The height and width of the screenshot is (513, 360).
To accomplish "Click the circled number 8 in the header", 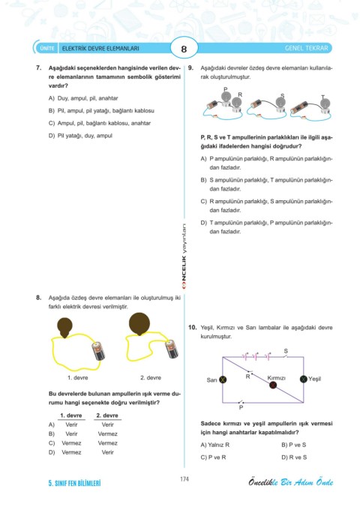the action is (x=184, y=49).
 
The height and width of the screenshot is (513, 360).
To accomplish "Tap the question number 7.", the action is (x=38, y=68).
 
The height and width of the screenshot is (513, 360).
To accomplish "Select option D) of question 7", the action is (x=80, y=136).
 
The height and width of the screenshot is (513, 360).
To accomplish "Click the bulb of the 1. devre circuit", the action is (x=64, y=327).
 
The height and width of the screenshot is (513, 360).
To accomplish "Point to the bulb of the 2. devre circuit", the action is (x=139, y=323).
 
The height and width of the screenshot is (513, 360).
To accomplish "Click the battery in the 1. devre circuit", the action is (x=98, y=351).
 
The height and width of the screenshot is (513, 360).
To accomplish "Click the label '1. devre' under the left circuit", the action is (x=78, y=377).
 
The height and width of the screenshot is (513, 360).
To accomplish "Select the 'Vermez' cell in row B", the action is (x=108, y=433).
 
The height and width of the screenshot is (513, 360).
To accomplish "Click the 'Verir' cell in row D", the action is (x=108, y=452).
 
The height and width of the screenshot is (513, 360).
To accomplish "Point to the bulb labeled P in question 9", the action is (x=225, y=97).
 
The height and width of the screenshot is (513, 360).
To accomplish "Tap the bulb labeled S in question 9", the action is (x=280, y=103).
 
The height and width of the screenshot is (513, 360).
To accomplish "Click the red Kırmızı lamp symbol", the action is (x=273, y=385).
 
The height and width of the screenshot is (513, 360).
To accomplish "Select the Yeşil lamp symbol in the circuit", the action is (x=304, y=379).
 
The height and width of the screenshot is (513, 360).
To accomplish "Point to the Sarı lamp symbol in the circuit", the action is (x=223, y=379).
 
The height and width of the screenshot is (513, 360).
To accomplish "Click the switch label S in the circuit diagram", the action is (x=286, y=351).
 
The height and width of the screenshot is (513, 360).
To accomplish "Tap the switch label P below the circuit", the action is (x=241, y=408).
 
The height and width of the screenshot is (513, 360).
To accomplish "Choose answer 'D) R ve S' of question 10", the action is (x=294, y=457).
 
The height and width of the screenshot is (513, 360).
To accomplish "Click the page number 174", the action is (x=184, y=479).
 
